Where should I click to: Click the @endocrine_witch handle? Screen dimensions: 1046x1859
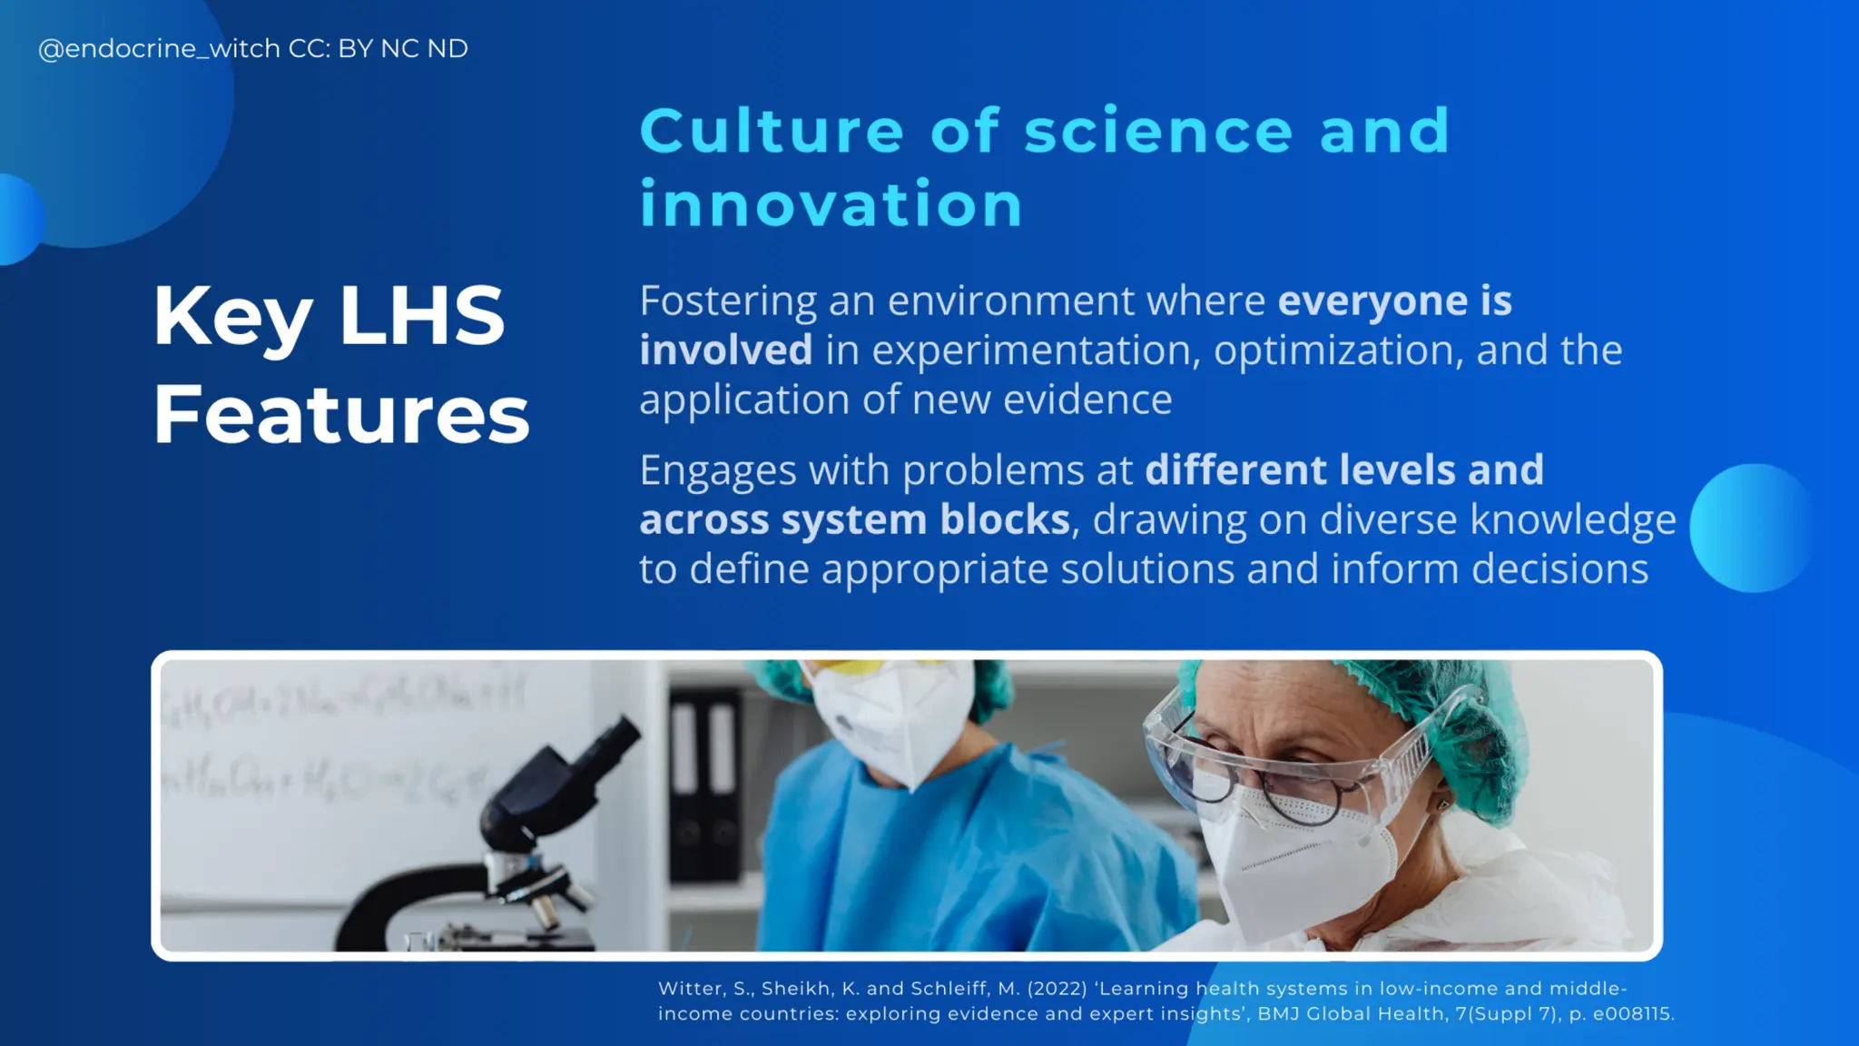click(159, 49)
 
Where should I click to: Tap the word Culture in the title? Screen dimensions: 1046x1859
click(772, 132)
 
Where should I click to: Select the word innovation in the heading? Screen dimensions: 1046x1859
click(831, 204)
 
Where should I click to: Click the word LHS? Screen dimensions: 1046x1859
click(421, 316)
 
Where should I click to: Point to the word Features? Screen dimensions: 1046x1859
click(340, 416)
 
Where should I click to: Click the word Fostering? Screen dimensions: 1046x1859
click(728, 301)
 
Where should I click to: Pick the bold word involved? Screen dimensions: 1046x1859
click(725, 350)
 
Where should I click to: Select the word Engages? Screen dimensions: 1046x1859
click(717, 471)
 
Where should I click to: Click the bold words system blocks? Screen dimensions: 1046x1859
click(925, 520)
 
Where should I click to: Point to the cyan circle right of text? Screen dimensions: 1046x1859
click(1752, 528)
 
